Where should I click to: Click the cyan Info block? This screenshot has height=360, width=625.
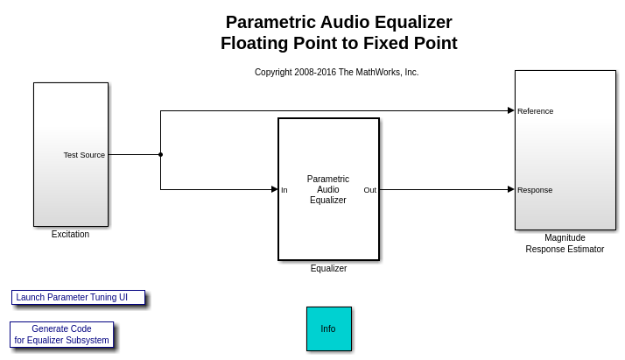click(329, 328)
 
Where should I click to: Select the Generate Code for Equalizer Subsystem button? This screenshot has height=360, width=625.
click(62, 335)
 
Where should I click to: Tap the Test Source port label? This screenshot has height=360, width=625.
click(84, 155)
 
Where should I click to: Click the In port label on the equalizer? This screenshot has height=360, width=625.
click(284, 190)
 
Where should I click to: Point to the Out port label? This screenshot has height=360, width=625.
click(370, 190)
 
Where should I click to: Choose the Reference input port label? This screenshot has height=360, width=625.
click(536, 111)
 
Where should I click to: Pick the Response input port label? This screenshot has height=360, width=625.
click(535, 190)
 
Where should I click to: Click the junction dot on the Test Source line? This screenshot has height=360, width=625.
click(161, 155)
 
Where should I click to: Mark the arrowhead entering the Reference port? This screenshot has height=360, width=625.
click(511, 110)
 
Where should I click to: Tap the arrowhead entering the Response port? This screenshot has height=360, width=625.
click(511, 189)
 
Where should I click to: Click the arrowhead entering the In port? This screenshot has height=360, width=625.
click(274, 189)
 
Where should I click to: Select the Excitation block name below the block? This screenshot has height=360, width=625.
click(70, 234)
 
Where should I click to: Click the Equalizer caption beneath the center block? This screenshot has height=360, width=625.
click(328, 268)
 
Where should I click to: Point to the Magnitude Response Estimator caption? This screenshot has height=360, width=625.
click(565, 244)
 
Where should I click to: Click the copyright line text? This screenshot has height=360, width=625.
click(336, 72)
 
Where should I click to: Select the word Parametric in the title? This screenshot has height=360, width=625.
click(270, 22)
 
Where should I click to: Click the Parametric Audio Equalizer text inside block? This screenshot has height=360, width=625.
click(328, 189)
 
